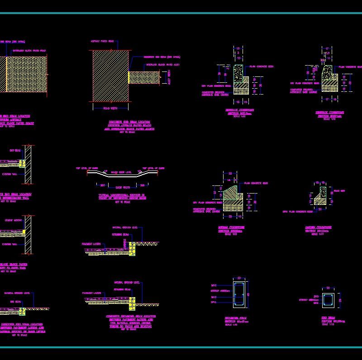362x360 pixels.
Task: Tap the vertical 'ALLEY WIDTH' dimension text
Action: coord(169,77)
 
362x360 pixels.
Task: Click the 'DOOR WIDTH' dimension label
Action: coord(123,187)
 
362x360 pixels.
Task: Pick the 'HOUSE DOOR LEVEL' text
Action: coord(122,172)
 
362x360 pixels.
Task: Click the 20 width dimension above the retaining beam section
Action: coord(240,278)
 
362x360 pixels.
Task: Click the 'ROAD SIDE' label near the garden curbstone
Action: coord(339,191)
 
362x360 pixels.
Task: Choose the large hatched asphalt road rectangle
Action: coord(110,75)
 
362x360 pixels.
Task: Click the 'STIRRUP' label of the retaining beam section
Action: coord(218,291)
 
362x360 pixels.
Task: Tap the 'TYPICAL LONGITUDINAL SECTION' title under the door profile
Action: coord(123,195)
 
